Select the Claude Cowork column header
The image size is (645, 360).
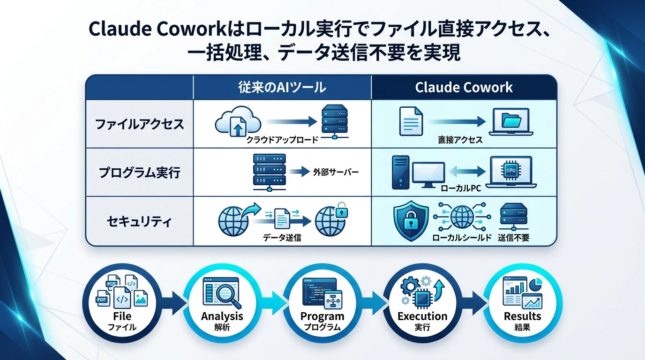click(x=464, y=87)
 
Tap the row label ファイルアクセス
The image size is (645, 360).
click(x=139, y=125)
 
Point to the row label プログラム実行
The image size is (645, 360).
click(x=139, y=172)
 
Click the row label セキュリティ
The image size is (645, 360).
click(x=139, y=220)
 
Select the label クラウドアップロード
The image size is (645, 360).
click(x=282, y=140)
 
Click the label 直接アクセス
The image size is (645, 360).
click(x=460, y=140)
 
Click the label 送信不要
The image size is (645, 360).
click(x=513, y=238)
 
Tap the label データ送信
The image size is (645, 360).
click(x=282, y=238)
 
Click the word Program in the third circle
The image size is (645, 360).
click(x=322, y=316)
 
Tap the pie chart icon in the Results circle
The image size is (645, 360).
click(x=536, y=284)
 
